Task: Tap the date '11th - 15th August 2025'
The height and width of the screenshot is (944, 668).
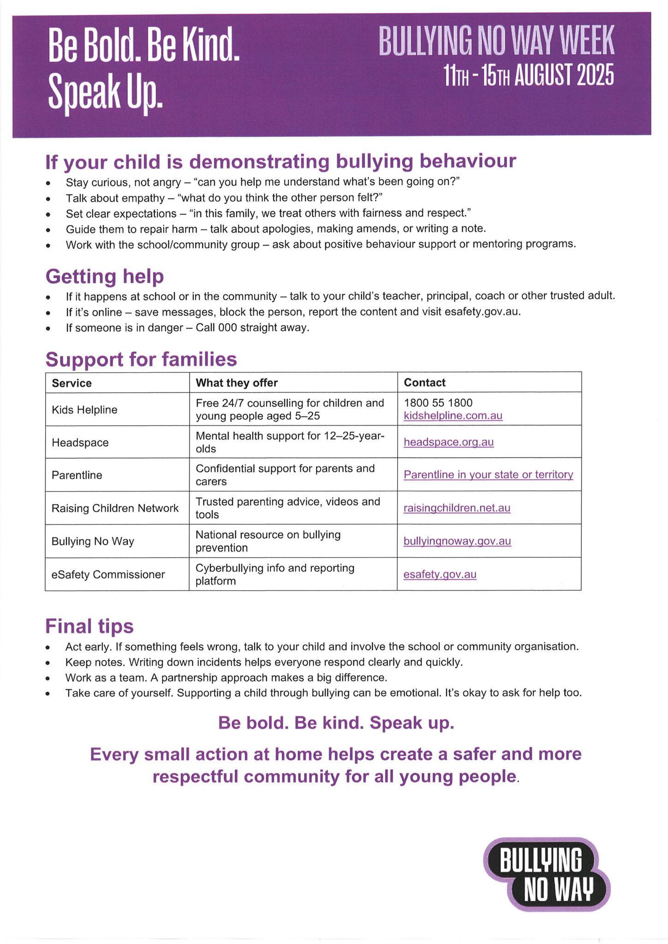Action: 528,76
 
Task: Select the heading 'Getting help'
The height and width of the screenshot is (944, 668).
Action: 105,277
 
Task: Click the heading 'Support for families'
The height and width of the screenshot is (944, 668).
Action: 141,360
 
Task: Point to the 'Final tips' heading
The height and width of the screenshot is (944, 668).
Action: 89,626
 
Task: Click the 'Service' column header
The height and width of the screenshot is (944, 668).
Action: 72,383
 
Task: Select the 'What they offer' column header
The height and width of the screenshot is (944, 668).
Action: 237,383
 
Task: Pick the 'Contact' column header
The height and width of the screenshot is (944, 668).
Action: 424,383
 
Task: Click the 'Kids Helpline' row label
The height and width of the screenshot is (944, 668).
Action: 84,410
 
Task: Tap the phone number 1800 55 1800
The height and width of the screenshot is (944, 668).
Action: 438,403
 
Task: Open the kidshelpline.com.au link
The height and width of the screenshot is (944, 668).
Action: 453,416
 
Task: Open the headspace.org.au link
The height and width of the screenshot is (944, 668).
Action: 448,442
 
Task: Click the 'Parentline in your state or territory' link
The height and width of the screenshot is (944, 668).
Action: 488,475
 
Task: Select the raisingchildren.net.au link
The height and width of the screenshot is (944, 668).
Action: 457,508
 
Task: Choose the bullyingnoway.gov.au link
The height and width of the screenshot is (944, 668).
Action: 457,541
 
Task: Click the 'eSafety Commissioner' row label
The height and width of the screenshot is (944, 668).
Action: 108,575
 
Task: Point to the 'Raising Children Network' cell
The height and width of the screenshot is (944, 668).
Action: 115,508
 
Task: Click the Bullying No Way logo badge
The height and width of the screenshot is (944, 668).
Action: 546,874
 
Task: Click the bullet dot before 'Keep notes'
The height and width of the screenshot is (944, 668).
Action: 48,663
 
